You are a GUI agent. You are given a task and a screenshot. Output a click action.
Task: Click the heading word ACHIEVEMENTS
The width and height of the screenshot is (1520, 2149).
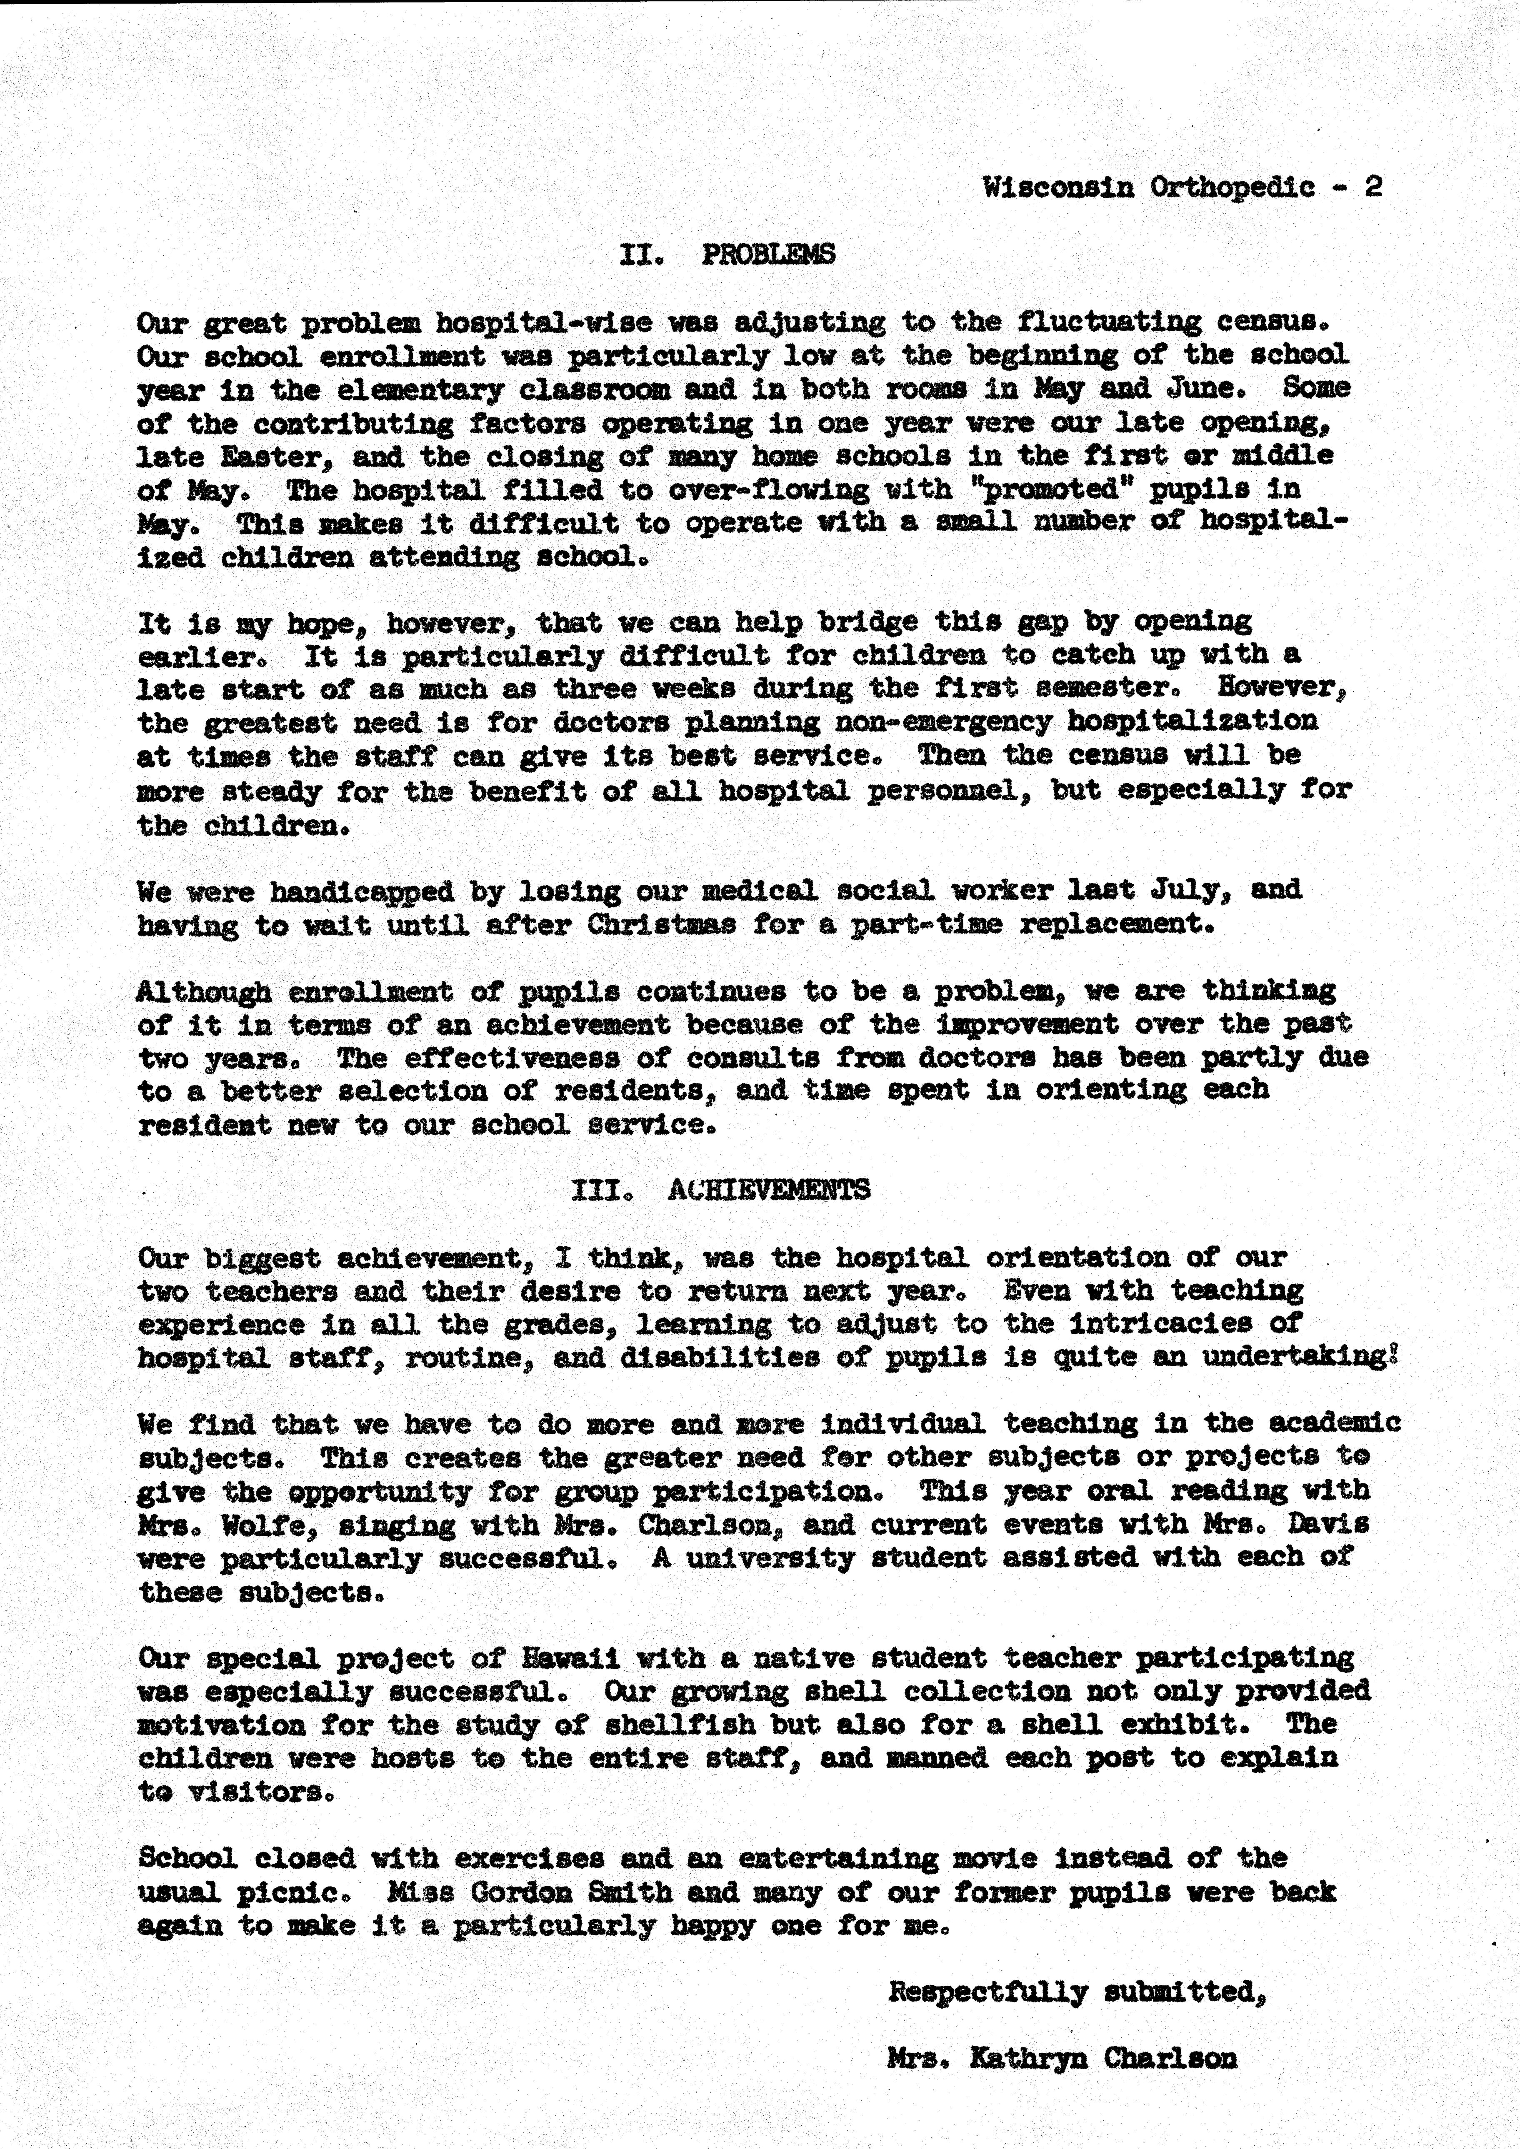pos(769,1190)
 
